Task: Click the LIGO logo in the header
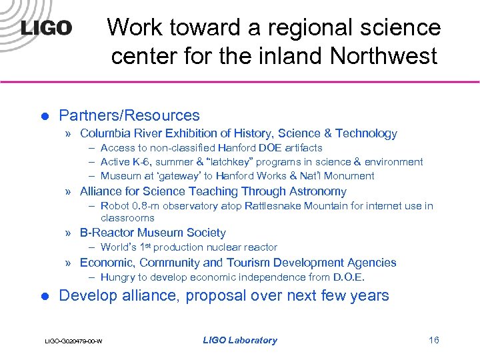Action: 45,27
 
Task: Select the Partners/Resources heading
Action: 129,115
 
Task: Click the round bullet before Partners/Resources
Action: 45,116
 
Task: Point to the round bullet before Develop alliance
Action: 45,296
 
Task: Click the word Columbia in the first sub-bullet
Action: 105,133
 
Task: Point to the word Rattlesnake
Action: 265,206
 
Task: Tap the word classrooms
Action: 127,217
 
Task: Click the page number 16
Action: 434,340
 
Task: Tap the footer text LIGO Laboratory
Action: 240,340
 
